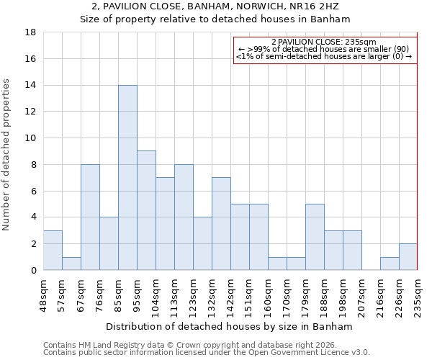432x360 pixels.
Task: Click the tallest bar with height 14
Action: coord(127,178)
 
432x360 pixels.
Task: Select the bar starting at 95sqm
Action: coord(146,210)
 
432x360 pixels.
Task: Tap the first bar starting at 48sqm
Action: coord(53,251)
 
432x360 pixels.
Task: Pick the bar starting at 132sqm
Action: coord(221,224)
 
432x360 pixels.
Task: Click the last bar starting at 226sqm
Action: coord(408,257)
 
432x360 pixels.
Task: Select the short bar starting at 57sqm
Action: coord(71,264)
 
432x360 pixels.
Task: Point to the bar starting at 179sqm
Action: coord(315,237)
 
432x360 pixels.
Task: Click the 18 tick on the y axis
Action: coord(31,32)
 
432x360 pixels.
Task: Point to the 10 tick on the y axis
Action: coord(31,138)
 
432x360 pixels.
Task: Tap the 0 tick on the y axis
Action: coord(34,271)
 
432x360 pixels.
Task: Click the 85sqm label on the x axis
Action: coord(118,293)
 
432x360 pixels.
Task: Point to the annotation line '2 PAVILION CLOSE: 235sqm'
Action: coord(324,42)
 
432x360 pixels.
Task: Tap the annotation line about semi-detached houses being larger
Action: coord(324,55)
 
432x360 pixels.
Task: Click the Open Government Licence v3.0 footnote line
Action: coord(207,353)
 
